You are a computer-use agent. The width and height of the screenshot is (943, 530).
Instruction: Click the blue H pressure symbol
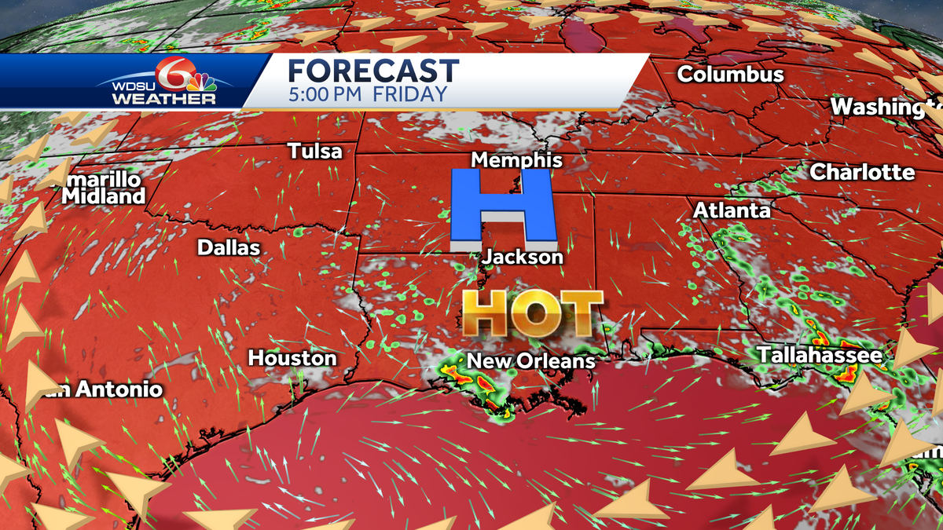[x=504, y=210]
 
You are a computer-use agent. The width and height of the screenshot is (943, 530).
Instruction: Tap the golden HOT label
[x=532, y=313]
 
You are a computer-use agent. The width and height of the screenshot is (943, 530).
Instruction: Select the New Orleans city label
[x=531, y=361]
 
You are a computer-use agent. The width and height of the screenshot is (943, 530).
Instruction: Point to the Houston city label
[x=292, y=358]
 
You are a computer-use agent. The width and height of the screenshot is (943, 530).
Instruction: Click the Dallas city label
[x=228, y=248]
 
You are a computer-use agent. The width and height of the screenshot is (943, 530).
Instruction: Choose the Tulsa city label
[x=315, y=151]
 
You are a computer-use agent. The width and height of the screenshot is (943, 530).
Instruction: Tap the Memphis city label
[x=516, y=160]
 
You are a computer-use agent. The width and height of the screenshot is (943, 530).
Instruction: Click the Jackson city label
[x=523, y=258]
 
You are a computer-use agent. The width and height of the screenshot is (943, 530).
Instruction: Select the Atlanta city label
[x=732, y=210]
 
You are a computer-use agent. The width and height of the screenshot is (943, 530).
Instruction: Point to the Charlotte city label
[x=862, y=172]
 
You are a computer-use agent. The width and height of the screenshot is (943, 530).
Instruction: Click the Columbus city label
[x=731, y=75]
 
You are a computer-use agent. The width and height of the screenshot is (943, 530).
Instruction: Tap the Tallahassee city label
[x=820, y=356]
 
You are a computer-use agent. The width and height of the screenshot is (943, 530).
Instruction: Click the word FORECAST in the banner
[x=373, y=71]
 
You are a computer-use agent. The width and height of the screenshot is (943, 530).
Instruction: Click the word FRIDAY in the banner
[x=409, y=94]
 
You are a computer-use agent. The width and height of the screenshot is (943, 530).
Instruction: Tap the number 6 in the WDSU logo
[x=168, y=75]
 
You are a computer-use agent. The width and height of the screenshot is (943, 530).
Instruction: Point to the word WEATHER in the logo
[x=163, y=100]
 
